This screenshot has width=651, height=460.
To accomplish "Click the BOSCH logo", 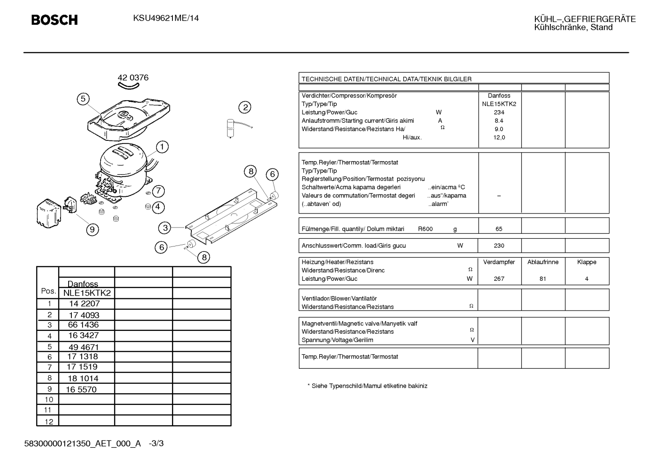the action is point(54,20).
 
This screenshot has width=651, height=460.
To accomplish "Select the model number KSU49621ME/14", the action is point(166,18).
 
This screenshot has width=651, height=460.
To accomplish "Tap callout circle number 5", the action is point(83,99).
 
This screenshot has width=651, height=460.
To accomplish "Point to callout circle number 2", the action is point(245,107).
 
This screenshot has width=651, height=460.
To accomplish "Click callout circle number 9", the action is point(93,230).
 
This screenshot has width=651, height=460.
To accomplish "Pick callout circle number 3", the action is point(165,228).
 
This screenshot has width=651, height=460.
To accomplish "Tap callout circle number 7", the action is point(158,191).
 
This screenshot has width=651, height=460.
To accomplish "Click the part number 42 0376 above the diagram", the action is point(133,78).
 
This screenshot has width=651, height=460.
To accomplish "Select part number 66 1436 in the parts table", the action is point(84,325).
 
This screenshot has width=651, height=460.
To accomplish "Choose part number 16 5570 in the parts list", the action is point(81,390).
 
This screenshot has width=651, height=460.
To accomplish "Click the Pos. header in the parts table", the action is point(48,291).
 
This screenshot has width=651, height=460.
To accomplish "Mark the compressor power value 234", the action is point(499,112).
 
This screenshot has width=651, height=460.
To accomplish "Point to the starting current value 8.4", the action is point(499,121).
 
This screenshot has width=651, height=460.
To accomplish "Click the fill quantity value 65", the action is point(499,229).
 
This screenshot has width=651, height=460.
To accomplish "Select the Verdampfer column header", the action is point(499,262).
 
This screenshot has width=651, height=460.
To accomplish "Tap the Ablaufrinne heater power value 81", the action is point(543,279).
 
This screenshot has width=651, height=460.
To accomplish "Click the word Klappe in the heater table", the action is point(587,262).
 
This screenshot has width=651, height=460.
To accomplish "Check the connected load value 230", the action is point(499,246).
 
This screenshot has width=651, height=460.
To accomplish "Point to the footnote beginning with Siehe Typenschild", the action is point(367,386).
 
